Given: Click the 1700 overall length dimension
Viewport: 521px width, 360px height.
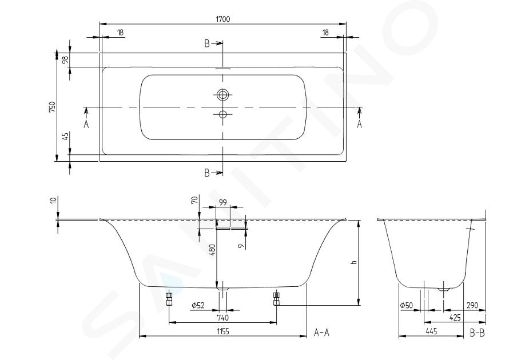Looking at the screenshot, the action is point(222,19).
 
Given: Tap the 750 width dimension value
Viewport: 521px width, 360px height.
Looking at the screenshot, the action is point(53,107).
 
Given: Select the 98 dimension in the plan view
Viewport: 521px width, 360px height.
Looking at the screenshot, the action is point(65,60).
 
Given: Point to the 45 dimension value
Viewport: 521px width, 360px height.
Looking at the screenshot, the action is point(65,136).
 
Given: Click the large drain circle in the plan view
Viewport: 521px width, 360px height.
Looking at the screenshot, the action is point(222,95).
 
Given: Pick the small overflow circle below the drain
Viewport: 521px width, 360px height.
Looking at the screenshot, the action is point(222,115).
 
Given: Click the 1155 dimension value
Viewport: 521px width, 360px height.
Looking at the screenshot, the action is point(223,331).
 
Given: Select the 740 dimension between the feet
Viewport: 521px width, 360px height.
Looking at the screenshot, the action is point(222,318).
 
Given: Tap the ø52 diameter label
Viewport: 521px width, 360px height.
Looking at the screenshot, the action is point(198,305).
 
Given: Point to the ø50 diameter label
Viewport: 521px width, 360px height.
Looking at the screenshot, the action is point(407,305).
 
